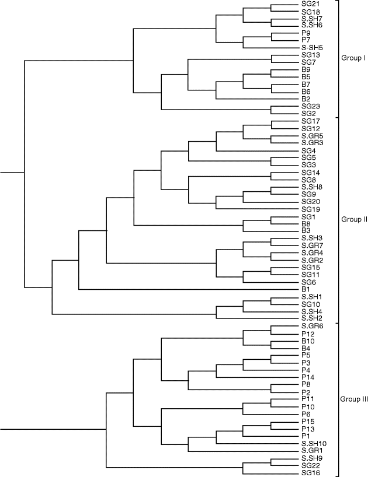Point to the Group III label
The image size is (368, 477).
click(353, 399)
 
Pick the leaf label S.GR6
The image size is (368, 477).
click(313, 326)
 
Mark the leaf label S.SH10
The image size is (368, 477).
click(314, 444)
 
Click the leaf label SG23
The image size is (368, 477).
click(310, 106)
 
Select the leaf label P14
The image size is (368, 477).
click(308, 377)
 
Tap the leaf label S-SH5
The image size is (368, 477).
click(313, 47)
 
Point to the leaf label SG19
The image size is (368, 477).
click(310, 209)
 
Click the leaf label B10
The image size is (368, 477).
click(308, 341)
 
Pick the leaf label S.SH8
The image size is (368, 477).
click(313, 187)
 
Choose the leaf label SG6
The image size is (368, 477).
click(308, 282)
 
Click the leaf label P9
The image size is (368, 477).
click(305, 33)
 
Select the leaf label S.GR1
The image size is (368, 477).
click(313, 451)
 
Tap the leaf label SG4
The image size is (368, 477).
click(308, 150)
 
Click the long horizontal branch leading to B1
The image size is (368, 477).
click(187, 289)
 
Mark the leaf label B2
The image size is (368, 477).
click(305, 99)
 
